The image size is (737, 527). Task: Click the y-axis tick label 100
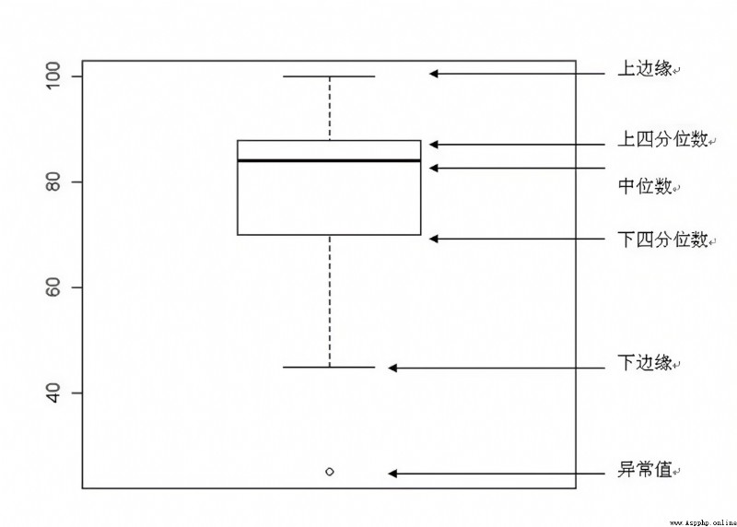pyautogui.click(x=53, y=76)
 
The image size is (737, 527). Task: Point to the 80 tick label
pyautogui.click(x=53, y=182)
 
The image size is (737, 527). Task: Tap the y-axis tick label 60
pyautogui.click(x=53, y=287)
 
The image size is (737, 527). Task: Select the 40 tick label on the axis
pyautogui.click(x=53, y=393)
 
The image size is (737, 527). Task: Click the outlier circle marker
pyautogui.click(x=330, y=472)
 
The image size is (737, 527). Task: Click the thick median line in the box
pyautogui.click(x=329, y=161)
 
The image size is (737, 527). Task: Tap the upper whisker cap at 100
pyautogui.click(x=329, y=76)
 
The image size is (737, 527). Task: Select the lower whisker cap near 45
pyautogui.click(x=329, y=367)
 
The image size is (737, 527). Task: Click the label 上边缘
pyautogui.click(x=644, y=68)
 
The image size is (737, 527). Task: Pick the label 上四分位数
pyautogui.click(x=662, y=139)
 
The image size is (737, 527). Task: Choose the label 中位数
pyautogui.click(x=644, y=186)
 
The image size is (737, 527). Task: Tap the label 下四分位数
pyautogui.click(x=662, y=240)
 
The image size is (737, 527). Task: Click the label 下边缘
pyautogui.click(x=644, y=362)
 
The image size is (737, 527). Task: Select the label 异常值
pyautogui.click(x=644, y=469)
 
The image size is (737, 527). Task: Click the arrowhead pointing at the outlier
pyautogui.click(x=392, y=474)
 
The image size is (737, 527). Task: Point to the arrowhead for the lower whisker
pyautogui.click(x=392, y=369)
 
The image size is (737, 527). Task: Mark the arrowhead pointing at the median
pyautogui.click(x=434, y=168)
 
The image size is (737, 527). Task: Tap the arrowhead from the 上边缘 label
pyautogui.click(x=434, y=74)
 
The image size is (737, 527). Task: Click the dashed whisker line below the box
pyautogui.click(x=330, y=301)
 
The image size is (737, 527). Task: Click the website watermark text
pyautogui.click(x=703, y=522)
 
